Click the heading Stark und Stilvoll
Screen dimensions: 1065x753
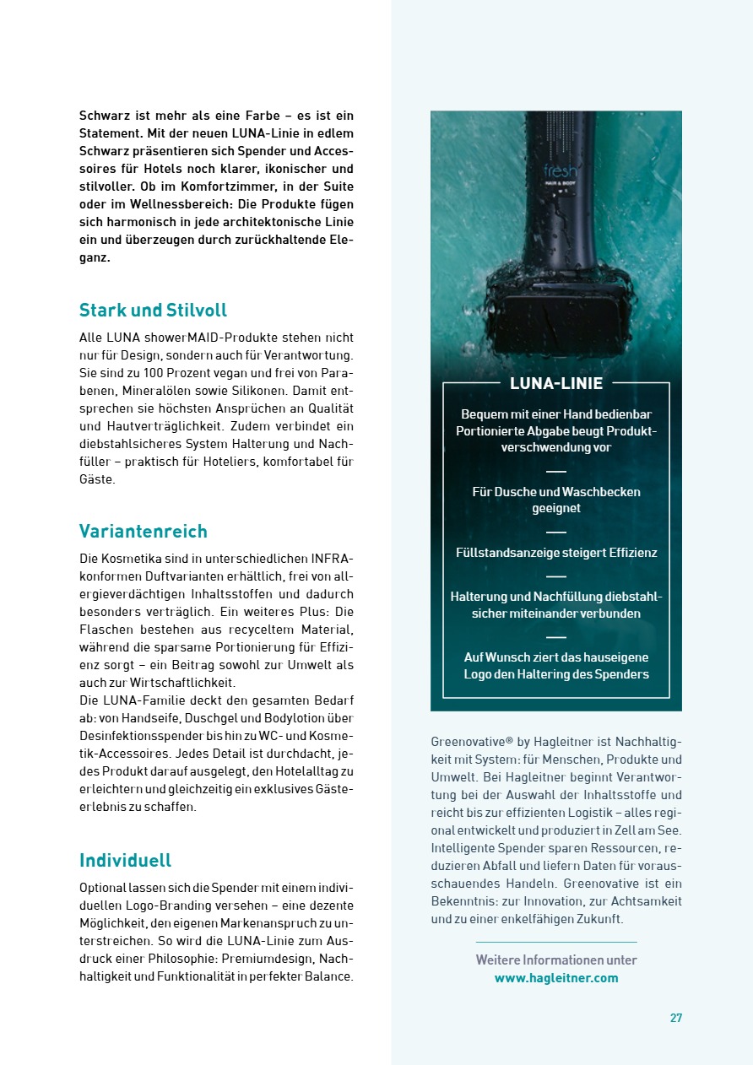[x=153, y=310]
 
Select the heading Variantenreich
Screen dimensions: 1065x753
[x=143, y=531]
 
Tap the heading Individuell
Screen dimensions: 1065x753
[x=125, y=860]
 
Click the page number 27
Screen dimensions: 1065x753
[x=676, y=1018]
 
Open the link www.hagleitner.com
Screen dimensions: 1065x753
[x=556, y=978]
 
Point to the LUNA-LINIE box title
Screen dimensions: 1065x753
[x=556, y=383]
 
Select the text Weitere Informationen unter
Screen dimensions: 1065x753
[x=556, y=960]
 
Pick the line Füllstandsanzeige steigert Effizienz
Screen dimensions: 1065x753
[x=556, y=553]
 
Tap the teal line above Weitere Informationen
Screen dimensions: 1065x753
[x=556, y=942]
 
